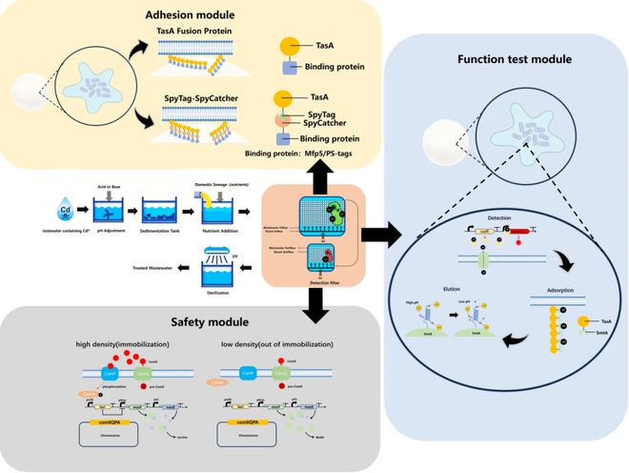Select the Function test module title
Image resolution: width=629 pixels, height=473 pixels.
[x=514, y=59]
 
